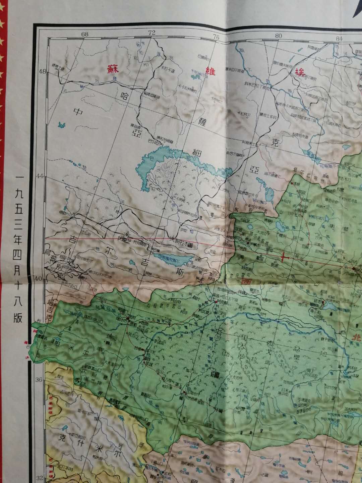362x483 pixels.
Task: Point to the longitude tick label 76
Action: [x=216, y=37]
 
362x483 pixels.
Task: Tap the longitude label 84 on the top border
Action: [x=339, y=39]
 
